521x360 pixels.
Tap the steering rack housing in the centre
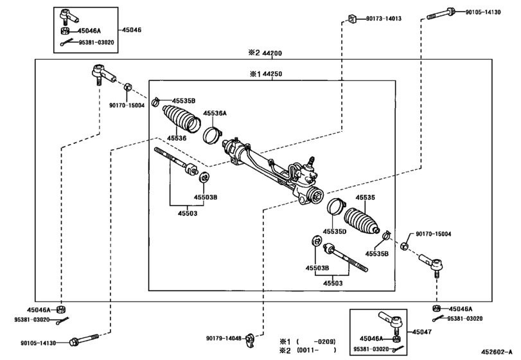click(270, 170)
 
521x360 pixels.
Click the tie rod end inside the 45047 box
click(389, 318)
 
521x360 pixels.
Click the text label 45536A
click(215, 113)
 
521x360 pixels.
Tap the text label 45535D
click(334, 231)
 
